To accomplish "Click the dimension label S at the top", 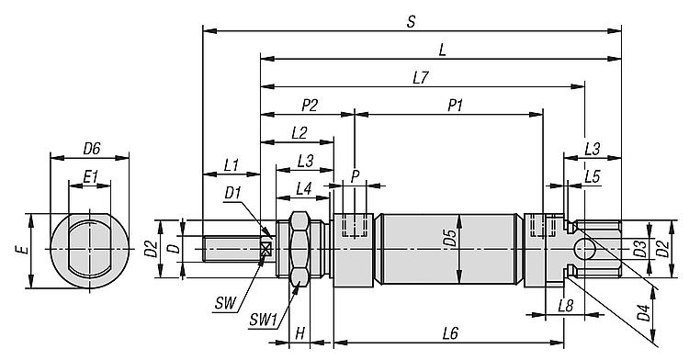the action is click(x=411, y=21).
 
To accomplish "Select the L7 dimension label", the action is click(x=421, y=78).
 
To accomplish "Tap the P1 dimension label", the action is click(x=456, y=106).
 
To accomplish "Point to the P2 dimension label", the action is click(x=310, y=106).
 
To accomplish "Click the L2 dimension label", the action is click(x=299, y=133).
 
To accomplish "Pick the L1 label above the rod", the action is click(x=232, y=165).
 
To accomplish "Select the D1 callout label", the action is click(x=233, y=193).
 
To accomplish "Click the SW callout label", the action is click(x=226, y=303).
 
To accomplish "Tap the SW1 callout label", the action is click(x=264, y=320).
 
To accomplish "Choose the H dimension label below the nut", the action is click(x=299, y=333).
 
